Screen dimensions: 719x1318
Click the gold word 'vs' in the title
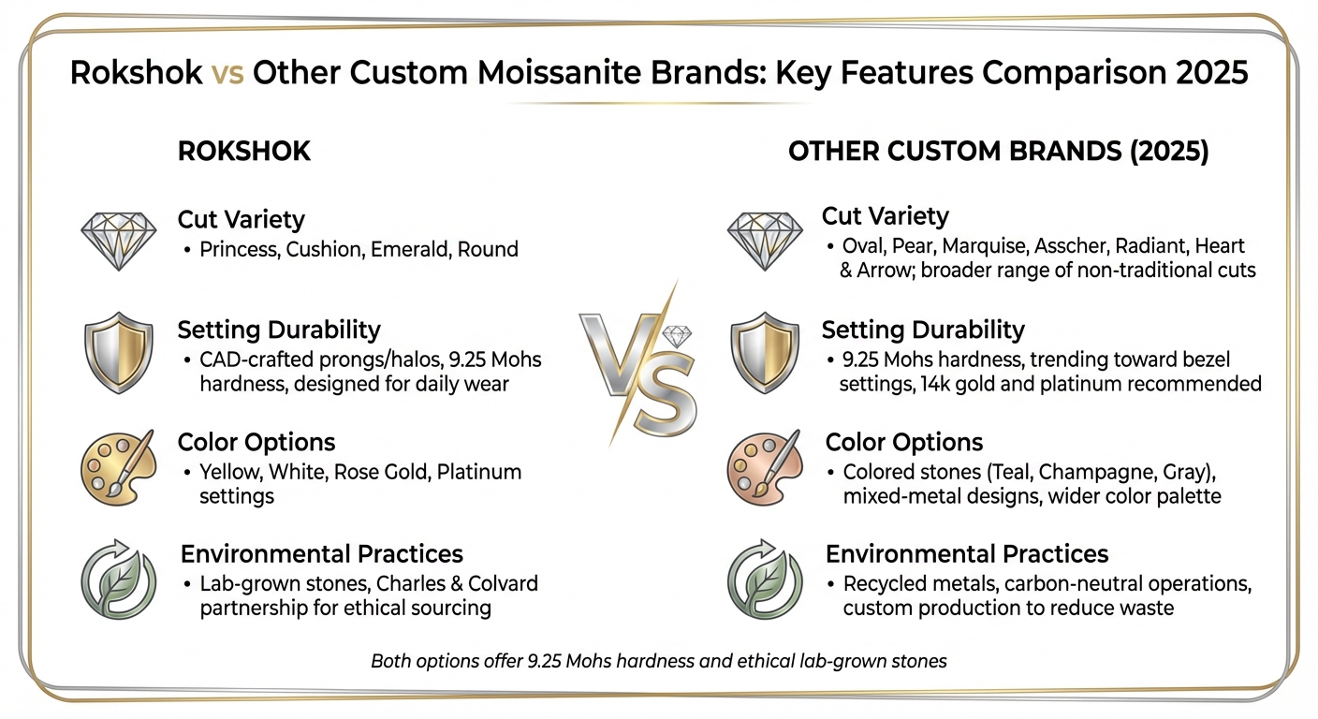point(227,73)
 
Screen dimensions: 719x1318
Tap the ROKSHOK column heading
point(244,152)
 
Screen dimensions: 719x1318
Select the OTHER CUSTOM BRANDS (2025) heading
point(999,152)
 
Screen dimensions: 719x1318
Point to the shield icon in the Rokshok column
point(118,352)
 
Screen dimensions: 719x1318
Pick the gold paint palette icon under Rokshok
point(118,464)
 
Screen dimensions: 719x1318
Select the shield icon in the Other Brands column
point(765,352)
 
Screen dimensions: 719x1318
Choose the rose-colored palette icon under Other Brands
point(765,464)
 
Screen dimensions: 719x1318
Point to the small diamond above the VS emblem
point(677,336)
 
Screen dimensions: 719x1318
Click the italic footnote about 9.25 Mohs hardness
point(659,661)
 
